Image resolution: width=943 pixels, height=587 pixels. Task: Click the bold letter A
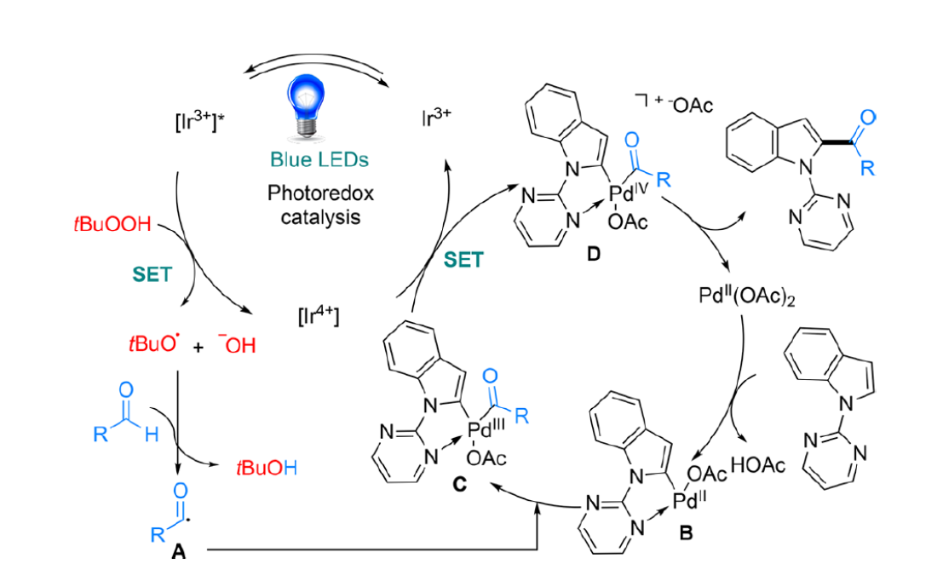(179, 551)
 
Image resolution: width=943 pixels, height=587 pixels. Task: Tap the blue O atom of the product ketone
(870, 118)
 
